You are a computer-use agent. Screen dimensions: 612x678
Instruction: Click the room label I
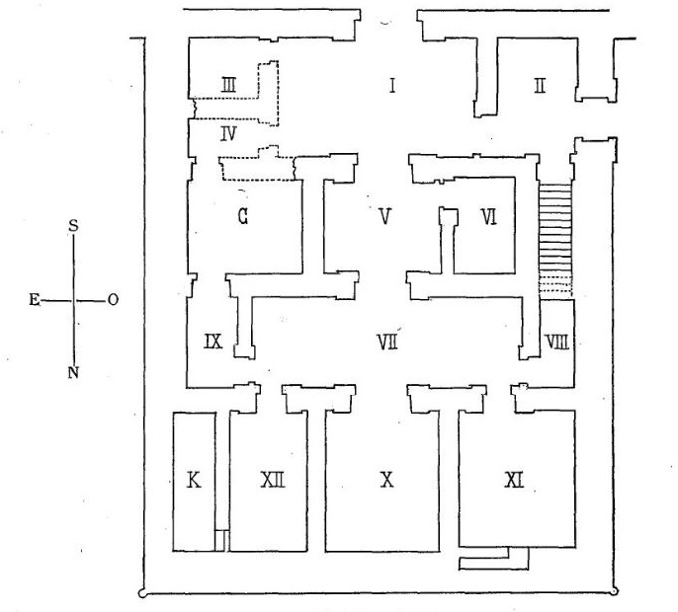point(392,86)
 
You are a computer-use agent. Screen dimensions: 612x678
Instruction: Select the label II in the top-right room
point(539,86)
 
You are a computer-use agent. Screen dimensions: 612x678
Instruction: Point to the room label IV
point(226,132)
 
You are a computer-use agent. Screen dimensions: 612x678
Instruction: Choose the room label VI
point(487,216)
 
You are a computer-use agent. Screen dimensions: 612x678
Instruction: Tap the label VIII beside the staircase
point(556,342)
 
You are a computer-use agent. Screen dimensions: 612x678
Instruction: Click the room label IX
point(212,342)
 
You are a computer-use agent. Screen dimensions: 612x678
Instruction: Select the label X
point(386,480)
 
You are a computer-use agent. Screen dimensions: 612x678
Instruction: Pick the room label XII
point(273,480)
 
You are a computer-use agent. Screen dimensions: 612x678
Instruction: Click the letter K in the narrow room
point(194,481)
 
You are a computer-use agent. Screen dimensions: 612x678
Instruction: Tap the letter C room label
point(241,214)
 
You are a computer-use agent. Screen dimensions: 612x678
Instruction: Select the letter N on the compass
point(73,372)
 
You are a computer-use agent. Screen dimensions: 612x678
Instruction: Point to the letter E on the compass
point(36,301)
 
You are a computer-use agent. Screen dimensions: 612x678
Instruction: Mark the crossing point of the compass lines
point(73,300)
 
